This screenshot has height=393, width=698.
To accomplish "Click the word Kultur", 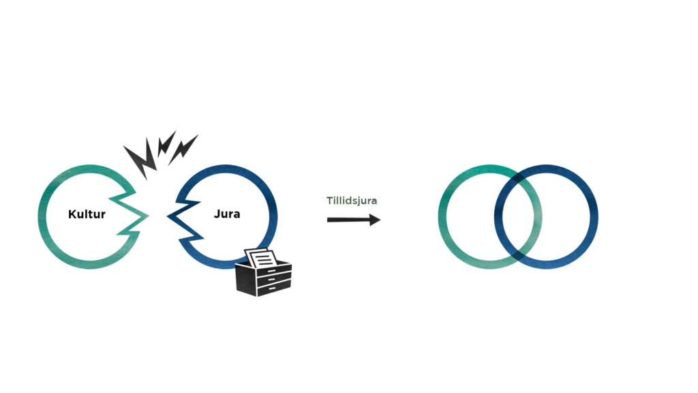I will tap(87, 214).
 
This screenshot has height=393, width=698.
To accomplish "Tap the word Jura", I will tap(226, 214).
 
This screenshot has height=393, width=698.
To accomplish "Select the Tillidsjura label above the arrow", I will tap(351, 201).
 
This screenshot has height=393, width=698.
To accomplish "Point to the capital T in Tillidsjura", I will tap(329, 201).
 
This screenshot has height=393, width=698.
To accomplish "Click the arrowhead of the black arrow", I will tap(374, 220).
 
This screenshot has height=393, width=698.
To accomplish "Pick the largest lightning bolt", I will tap(140, 158).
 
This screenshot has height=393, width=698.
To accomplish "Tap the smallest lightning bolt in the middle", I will tap(164, 145).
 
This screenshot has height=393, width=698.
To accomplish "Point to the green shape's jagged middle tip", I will tap(146, 217).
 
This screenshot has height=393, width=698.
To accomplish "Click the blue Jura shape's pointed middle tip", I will tap(170, 218).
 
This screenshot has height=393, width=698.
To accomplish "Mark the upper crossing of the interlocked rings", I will tap(518, 179).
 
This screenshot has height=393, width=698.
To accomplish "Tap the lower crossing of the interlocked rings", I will tap(518, 254).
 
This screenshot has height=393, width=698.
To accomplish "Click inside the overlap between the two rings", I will tap(518, 217).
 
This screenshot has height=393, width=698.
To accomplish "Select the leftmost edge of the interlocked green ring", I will tap(442, 217).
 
